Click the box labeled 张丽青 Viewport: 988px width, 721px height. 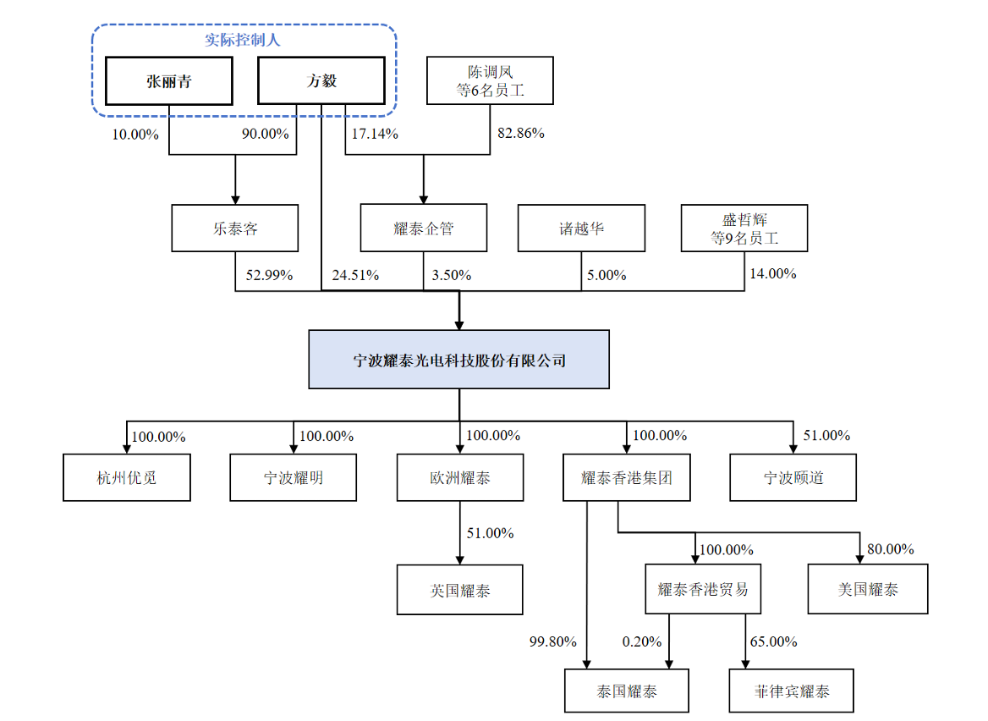point(168,81)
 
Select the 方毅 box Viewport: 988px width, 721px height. point(321,81)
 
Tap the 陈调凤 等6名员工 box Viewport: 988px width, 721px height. point(490,80)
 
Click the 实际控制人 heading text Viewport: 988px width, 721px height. point(244,40)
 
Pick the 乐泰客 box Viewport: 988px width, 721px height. point(234,228)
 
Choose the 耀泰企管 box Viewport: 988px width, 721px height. point(424,228)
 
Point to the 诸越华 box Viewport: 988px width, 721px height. point(581,228)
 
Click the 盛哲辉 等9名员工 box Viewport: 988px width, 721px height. point(744,228)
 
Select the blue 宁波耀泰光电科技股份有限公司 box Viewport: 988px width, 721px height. point(458,360)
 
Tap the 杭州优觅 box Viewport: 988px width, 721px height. point(127,477)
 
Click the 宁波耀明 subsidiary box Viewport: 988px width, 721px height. point(293,477)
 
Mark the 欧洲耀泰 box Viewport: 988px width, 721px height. point(459,477)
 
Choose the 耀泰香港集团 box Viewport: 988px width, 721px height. point(627,477)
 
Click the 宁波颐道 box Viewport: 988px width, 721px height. point(793,477)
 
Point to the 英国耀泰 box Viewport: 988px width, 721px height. point(459,590)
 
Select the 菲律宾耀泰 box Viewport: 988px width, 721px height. point(792,691)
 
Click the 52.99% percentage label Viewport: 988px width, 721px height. point(269,275)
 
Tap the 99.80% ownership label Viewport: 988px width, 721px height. point(551,641)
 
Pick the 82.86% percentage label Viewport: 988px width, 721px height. point(519,134)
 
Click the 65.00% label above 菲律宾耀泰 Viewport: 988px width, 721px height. point(773,641)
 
